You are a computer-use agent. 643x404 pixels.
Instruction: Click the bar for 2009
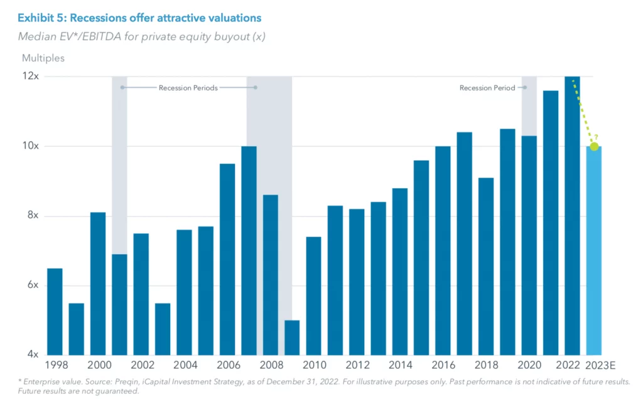292,338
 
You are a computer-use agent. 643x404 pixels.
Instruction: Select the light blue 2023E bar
593,251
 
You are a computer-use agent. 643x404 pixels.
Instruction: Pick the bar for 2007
249,251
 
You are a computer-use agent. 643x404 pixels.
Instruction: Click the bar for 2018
486,267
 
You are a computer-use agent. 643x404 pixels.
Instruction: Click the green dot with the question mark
594,146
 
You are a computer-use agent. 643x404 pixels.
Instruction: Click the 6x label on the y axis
31,285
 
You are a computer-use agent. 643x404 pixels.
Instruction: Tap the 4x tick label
31,354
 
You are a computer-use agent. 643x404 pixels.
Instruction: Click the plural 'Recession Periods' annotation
188,88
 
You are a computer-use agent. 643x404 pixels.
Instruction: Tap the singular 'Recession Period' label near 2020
487,88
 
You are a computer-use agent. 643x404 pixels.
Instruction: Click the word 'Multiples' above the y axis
43,58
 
